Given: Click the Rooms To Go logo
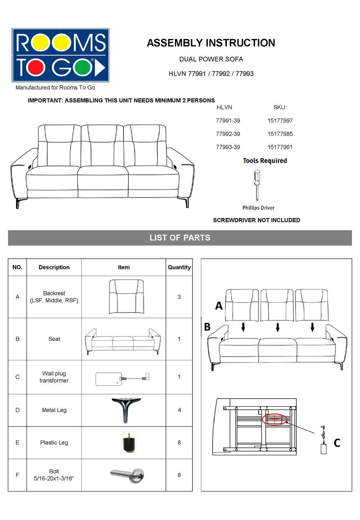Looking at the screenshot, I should pos(61,55).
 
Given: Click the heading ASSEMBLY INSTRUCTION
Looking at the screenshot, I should pos(211,43).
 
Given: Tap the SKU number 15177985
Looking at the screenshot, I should pos(280,134).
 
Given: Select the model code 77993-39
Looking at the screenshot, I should pos(228,147).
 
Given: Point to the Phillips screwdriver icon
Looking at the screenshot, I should pos(257,185).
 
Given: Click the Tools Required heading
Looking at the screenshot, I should pos(265,161).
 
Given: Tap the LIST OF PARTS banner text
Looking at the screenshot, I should pos(180,238).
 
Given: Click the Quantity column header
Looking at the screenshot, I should pos(179,267).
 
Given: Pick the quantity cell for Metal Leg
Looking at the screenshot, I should pos(179,410).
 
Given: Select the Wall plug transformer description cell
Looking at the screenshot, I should pos(54,377).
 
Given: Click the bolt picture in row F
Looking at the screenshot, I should pos(128,475).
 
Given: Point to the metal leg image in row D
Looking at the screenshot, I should pos(126,410).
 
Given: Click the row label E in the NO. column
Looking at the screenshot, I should pos(17,443).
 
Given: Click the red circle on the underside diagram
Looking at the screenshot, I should pos(275,419).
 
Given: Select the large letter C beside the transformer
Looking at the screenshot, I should pos(337,443).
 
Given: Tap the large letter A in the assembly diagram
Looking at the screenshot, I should pos(219,305).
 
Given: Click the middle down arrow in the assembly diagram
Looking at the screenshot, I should pos(278,327).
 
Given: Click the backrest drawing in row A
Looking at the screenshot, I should pos(126,297).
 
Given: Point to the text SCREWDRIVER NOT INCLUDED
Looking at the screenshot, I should pos(257,220).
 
